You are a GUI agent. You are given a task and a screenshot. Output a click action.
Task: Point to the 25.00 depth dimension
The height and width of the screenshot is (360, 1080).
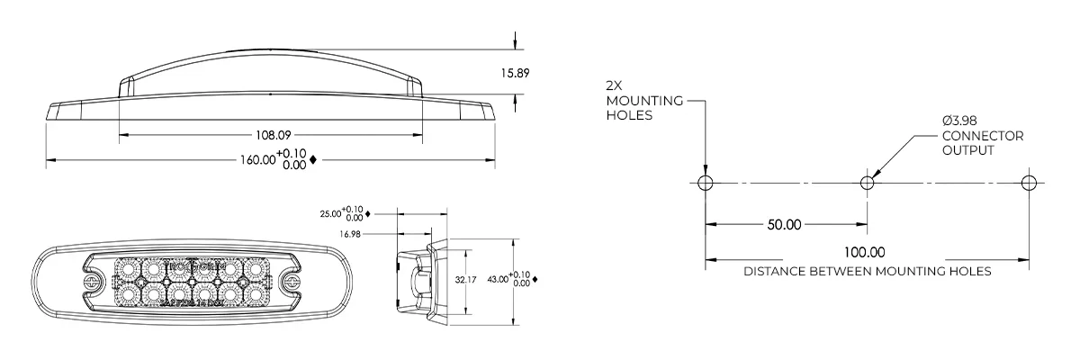tap(331, 214)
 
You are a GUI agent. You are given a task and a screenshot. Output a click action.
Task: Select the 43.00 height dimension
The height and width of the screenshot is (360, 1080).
tap(498, 279)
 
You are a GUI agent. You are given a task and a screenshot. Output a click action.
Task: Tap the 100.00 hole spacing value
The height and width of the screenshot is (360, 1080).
tap(866, 253)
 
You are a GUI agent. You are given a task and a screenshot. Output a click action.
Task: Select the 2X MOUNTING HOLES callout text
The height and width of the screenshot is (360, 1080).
tap(631, 100)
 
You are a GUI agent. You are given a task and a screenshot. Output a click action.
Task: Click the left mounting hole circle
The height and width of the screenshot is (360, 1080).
tap(705, 183)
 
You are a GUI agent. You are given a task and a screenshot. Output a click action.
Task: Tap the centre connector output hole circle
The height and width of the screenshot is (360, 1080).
tap(867, 183)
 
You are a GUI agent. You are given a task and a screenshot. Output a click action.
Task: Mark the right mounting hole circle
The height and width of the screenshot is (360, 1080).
tap(1030, 183)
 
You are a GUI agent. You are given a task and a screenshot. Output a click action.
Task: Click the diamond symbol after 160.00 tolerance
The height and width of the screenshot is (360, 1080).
tap(312, 160)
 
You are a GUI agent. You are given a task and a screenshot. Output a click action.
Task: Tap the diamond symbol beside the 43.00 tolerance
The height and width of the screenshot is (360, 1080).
tap(535, 280)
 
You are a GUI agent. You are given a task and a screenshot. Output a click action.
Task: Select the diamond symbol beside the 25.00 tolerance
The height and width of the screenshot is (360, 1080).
tap(369, 214)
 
